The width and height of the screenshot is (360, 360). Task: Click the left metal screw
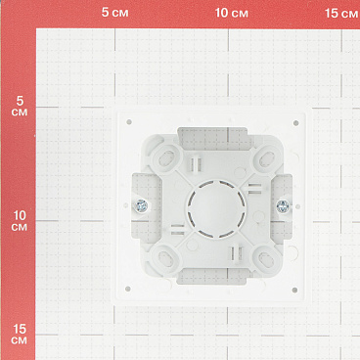142,205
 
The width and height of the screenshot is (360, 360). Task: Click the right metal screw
283,206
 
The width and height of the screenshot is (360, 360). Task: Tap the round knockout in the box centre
216,207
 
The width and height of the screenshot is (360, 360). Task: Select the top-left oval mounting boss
167,157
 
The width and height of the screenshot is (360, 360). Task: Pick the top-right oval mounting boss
266,158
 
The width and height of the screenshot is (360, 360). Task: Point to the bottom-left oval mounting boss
166,258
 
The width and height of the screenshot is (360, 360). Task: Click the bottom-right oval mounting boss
266,259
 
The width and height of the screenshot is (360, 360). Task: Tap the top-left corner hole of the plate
129,122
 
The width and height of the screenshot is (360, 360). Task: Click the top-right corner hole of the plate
296,123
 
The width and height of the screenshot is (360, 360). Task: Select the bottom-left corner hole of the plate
128,289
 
